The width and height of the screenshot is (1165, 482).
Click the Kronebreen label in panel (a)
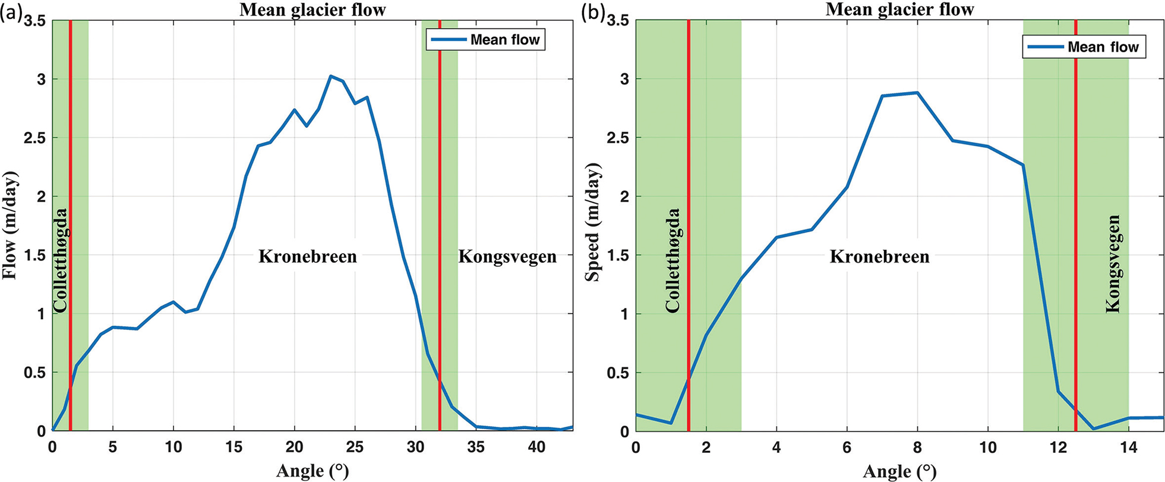point(307,257)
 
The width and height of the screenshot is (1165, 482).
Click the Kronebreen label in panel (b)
point(879,257)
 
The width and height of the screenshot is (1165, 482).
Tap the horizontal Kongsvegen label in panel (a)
point(507,257)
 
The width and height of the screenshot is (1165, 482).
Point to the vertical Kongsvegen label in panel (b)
point(1113,264)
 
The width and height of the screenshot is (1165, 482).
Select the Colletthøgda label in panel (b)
point(673,260)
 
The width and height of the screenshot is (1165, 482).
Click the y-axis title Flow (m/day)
point(10,225)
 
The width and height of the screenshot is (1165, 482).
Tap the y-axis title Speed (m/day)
point(592,222)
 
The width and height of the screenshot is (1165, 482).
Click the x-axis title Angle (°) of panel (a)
point(312,471)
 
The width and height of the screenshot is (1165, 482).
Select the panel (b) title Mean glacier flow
point(899,9)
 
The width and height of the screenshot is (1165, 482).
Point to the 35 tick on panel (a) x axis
point(476,447)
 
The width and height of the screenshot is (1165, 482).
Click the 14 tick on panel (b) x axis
point(1128,447)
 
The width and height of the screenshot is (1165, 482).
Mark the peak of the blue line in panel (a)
point(331,76)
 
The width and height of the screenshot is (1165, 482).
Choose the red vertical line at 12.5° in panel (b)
point(1075,178)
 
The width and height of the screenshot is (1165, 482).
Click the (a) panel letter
point(11,12)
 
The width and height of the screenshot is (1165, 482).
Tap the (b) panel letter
point(593,12)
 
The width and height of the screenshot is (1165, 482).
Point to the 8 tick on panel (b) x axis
point(917,447)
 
